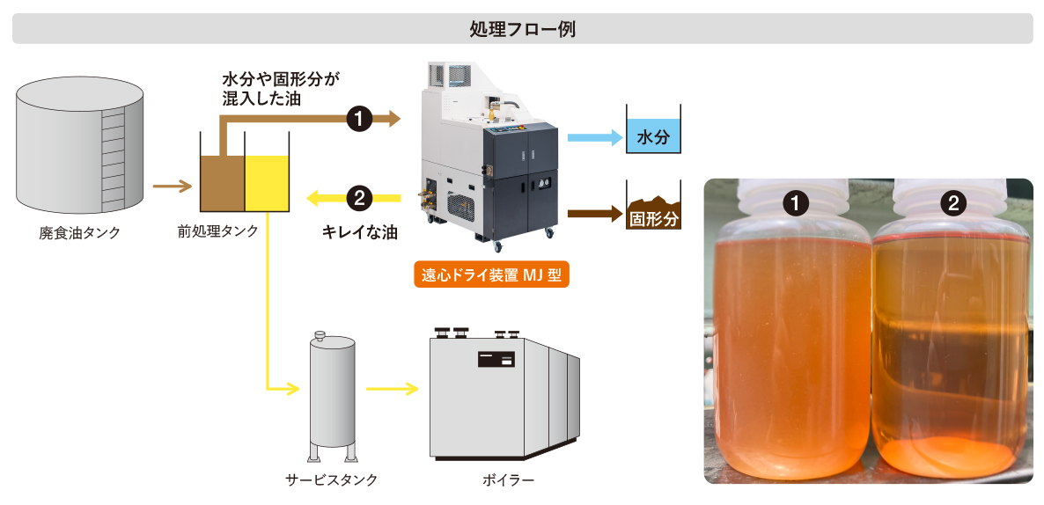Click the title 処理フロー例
pos(522,28)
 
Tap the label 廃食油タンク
pos(79,233)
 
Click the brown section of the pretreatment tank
pos(222,184)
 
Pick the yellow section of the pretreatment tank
pos(267,184)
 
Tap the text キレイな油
pos(359,233)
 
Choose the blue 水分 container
pos(654,136)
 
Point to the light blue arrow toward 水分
pos(593,137)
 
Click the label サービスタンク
pos(332,479)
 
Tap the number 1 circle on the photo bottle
pos(796,204)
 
